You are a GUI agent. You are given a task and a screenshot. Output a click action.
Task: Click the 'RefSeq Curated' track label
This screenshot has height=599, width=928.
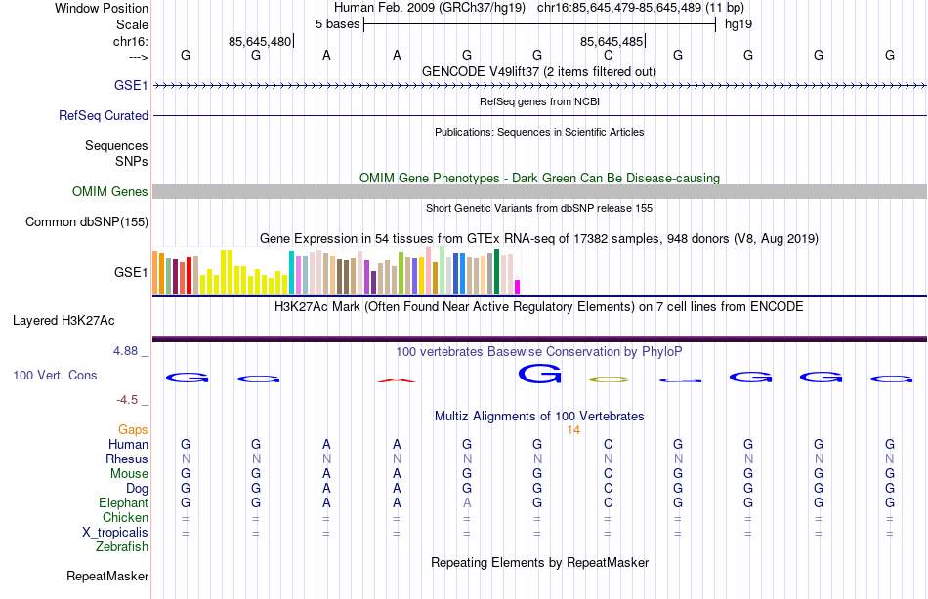[104, 115]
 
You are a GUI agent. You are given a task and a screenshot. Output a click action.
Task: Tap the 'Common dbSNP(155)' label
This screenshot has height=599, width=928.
[87, 222]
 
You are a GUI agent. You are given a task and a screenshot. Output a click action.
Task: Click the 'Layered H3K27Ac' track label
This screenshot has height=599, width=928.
[63, 320]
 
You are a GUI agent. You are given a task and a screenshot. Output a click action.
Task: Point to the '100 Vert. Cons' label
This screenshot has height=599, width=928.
[55, 375]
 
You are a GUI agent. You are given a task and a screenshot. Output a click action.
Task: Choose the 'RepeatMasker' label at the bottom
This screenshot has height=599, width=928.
[107, 577]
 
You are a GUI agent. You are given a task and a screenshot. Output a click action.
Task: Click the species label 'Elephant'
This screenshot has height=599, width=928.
[123, 502]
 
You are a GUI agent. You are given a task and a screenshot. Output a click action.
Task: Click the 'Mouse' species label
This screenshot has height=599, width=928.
[129, 473]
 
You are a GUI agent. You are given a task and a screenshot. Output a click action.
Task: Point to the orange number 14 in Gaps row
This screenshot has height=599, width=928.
[573, 430]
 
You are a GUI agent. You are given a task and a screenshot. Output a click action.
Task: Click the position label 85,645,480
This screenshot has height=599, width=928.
[260, 41]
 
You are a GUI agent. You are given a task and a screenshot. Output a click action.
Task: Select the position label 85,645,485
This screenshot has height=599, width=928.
[612, 41]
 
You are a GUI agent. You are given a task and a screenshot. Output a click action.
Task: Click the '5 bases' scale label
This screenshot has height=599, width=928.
[337, 23]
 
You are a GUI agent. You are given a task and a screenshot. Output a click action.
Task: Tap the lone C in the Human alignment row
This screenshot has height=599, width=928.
[608, 444]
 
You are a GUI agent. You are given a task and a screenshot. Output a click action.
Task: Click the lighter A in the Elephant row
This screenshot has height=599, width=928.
[467, 502]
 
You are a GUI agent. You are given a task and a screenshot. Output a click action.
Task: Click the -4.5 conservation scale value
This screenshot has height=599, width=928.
[128, 400]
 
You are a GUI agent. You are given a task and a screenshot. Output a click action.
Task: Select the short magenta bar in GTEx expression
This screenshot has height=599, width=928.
[518, 286]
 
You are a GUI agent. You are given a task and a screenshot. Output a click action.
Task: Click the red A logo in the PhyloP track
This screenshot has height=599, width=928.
[397, 379]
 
